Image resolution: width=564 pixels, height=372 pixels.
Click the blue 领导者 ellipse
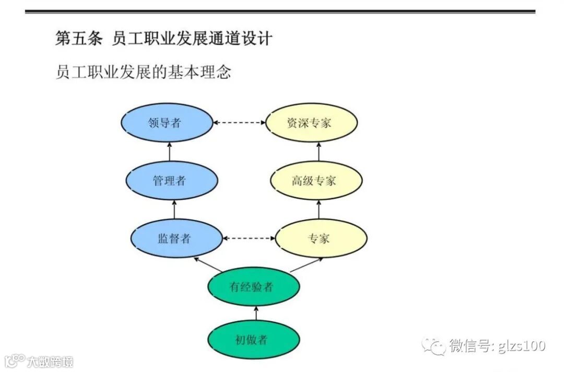point(167,123)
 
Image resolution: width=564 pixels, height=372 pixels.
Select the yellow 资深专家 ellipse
point(312,123)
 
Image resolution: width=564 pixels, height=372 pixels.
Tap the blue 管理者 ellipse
point(171,181)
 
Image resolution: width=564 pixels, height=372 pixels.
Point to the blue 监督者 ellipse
point(175,239)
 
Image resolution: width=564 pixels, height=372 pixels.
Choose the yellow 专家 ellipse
point(321,239)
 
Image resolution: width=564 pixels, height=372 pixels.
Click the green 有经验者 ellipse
point(253,287)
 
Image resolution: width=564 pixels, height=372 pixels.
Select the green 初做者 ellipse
point(253,340)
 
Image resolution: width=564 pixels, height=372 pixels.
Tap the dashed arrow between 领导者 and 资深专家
point(239,123)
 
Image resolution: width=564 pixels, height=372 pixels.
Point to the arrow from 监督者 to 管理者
point(173,210)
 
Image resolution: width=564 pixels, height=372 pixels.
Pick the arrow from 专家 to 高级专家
point(319,210)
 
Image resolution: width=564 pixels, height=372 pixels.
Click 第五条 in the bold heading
point(78,39)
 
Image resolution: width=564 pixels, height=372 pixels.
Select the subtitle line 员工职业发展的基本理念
point(143,72)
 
